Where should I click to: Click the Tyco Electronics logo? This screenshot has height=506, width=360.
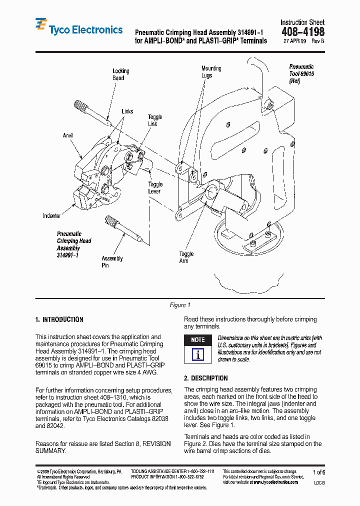pyautogui.click(x=78, y=29)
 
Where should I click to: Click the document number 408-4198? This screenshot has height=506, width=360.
pyautogui.click(x=302, y=32)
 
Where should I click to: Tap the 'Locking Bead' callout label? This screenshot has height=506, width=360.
pyautogui.click(x=120, y=74)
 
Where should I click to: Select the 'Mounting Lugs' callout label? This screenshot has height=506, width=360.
pyautogui.click(x=211, y=71)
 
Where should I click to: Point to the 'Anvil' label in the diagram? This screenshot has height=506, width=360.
pyautogui.click(x=68, y=135)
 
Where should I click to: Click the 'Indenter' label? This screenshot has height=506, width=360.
pyautogui.click(x=52, y=216)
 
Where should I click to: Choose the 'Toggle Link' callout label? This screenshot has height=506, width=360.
pyautogui.click(x=155, y=120)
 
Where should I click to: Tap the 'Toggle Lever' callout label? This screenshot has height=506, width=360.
pyautogui.click(x=155, y=188)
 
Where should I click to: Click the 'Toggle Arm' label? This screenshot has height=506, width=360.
pyautogui.click(x=187, y=257)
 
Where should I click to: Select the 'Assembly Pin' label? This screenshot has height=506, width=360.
pyautogui.click(x=112, y=262)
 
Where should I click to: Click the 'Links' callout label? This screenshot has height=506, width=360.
pyautogui.click(x=127, y=111)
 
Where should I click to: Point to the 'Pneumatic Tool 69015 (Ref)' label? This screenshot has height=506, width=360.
pyautogui.click(x=301, y=73)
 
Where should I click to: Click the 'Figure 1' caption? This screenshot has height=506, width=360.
pyautogui.click(x=180, y=305)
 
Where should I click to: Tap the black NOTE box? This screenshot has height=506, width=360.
pyautogui.click(x=198, y=340)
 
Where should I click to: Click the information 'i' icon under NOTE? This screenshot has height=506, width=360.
pyautogui.click(x=198, y=355)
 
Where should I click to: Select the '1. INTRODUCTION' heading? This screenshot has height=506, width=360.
pyautogui.click(x=59, y=319)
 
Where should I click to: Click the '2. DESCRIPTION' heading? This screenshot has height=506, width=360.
pyautogui.click(x=205, y=378)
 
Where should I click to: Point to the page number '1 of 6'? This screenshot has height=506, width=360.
pyautogui.click(x=318, y=472)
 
